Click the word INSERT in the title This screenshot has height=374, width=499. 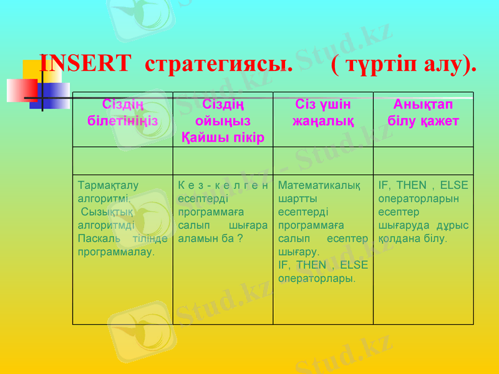[x=85, y=64]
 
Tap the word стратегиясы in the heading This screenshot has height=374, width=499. [x=218, y=64]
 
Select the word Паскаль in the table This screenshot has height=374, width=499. [x=95, y=239]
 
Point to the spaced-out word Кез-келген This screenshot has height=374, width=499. [x=223, y=185]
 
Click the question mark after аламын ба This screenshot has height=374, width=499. [x=240, y=239]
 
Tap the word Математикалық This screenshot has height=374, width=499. [x=319, y=185]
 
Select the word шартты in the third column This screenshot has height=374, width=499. [x=297, y=199]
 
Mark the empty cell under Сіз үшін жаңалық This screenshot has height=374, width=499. [x=323, y=161]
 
